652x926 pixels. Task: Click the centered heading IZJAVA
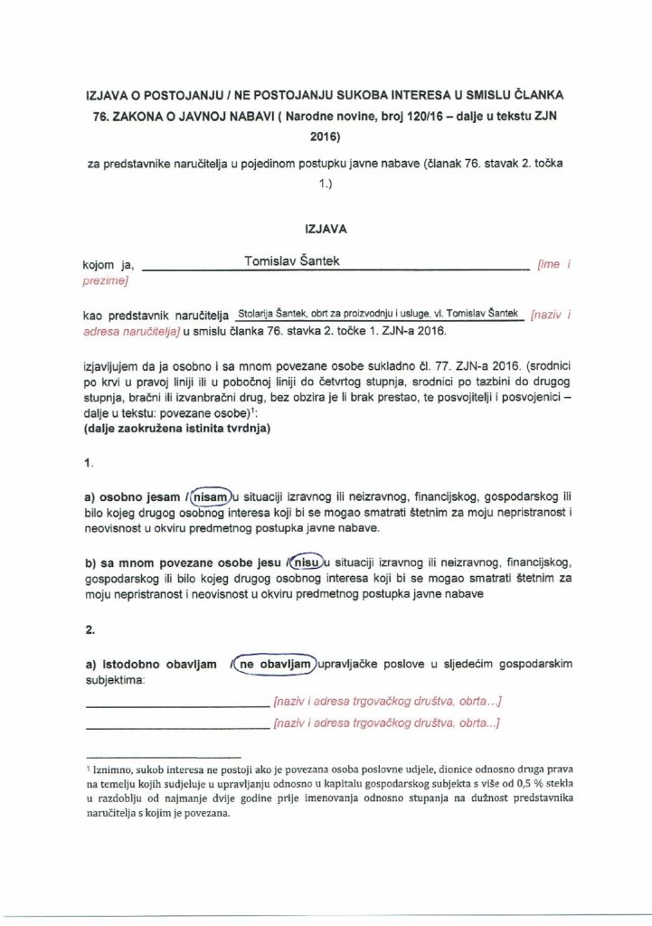pyautogui.click(x=326, y=229)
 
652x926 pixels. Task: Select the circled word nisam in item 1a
pyautogui.click(x=210, y=496)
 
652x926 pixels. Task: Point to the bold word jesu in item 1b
pyautogui.click(x=267, y=562)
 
